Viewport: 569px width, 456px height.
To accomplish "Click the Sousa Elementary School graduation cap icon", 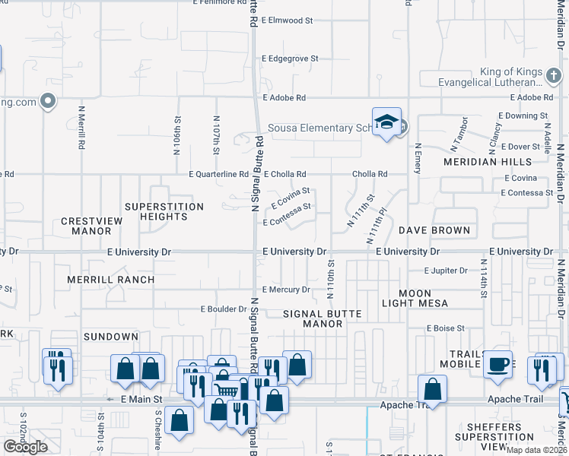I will pyautogui.click(x=386, y=123).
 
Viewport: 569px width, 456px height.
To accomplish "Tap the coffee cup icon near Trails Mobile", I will pyautogui.click(x=497, y=364).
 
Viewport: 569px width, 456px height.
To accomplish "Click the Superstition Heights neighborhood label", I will pyautogui.click(x=164, y=211).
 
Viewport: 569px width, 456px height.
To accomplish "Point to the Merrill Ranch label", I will pyautogui.click(x=110, y=280).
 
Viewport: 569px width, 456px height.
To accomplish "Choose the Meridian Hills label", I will pyautogui.click(x=488, y=162).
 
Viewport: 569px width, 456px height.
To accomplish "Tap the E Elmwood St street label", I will pyautogui.click(x=287, y=21).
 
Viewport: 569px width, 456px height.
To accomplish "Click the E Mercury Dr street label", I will pyautogui.click(x=286, y=290).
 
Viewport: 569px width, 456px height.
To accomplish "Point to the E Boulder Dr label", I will pyautogui.click(x=224, y=309).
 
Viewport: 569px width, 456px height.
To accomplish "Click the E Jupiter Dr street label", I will pyautogui.click(x=446, y=271).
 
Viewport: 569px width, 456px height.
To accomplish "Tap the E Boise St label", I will pyautogui.click(x=445, y=328).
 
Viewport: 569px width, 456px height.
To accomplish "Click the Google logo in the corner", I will pyautogui.click(x=25, y=447).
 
